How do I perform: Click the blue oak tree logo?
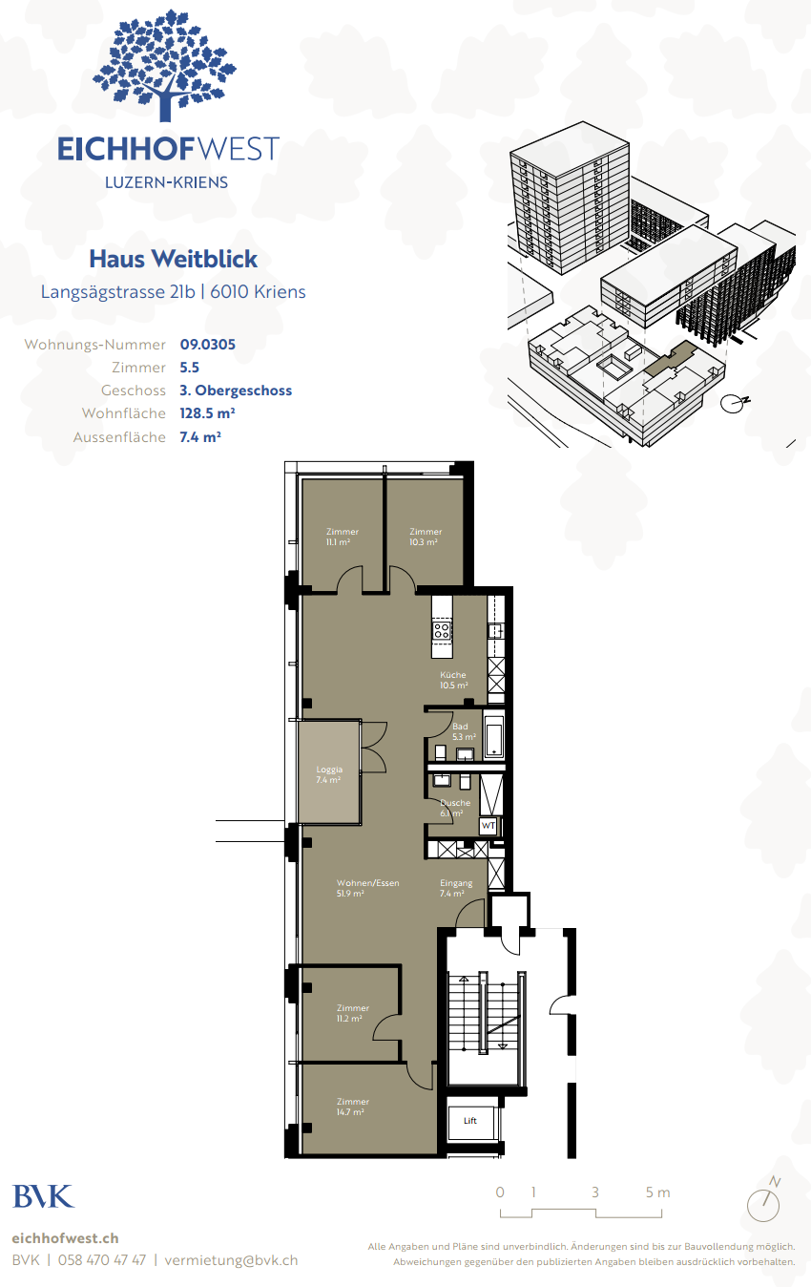[164, 66]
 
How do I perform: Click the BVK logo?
[44, 1197]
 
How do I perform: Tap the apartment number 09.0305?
[207, 344]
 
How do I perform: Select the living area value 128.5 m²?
[207, 413]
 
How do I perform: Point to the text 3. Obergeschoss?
[236, 390]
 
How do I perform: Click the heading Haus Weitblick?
[174, 259]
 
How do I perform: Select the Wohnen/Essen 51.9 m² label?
[367, 888]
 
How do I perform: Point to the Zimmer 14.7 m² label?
[352, 1107]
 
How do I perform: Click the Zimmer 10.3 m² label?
[425, 537]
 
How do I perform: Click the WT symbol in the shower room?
[489, 826]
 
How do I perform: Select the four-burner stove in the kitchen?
[442, 630]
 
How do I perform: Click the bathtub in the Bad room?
[494, 734]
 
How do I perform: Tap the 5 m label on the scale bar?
[657, 1192]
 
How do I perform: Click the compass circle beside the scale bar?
[762, 1205]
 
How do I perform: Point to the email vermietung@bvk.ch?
[231, 1260]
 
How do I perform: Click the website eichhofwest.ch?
[65, 1238]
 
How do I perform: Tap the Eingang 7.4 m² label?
[456, 888]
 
